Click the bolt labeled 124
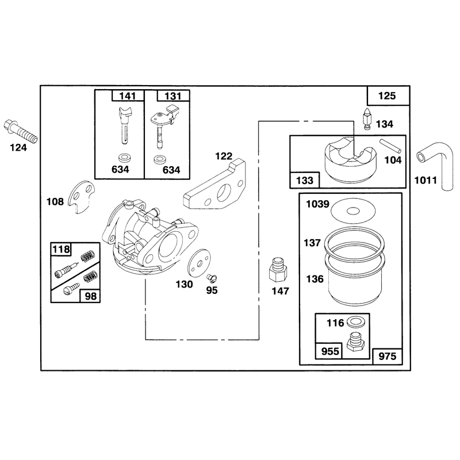tap(20, 131)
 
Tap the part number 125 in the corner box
tap(387, 95)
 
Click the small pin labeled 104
tap(390, 146)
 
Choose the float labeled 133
tap(350, 159)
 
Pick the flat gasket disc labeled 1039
tap(353, 210)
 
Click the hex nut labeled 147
tap(278, 270)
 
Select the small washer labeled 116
tap(354, 321)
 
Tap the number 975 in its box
tap(387, 356)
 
